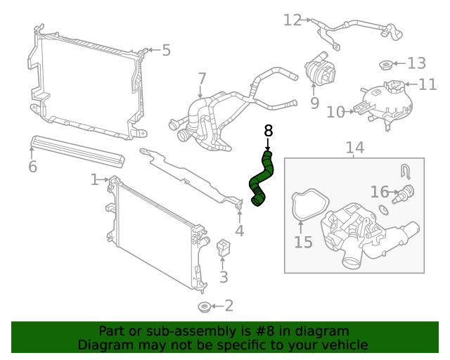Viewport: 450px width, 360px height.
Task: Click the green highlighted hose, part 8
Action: point(260,179)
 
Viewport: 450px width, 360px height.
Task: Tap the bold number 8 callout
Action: point(267,131)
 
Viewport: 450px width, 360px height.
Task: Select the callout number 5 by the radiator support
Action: point(166,50)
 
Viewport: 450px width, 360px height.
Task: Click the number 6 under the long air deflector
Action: point(32,167)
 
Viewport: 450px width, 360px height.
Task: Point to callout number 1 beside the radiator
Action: point(94,180)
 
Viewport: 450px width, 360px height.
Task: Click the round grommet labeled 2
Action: point(204,307)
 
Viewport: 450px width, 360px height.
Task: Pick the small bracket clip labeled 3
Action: point(224,248)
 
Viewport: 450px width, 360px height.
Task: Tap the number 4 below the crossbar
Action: point(239,231)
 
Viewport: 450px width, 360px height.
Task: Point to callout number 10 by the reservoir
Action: point(335,111)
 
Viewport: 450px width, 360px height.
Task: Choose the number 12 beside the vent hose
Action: point(292,20)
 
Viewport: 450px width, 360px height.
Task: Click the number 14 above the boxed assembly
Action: point(355,148)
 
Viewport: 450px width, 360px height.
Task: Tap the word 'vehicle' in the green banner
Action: point(342,345)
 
